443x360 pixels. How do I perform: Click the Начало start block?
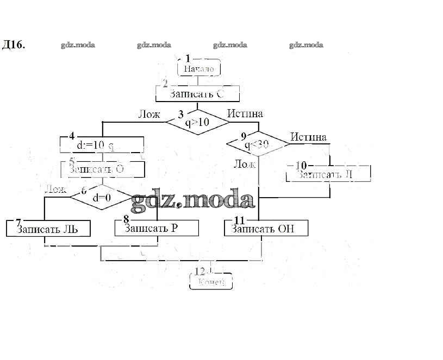[199, 68]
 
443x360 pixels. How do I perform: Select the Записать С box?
[197, 94]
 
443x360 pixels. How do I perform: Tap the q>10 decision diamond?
[197, 123]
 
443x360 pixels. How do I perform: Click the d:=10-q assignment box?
[101, 146]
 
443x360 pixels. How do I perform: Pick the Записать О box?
[102, 169]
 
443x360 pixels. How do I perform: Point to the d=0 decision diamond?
[102, 198]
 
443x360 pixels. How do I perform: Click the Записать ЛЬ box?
[48, 229]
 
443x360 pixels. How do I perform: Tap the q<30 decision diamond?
[258, 144]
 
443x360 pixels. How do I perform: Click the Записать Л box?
[328, 174]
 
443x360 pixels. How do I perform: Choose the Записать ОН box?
[266, 229]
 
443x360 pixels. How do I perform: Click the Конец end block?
[211, 282]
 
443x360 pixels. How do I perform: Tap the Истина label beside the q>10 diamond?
[245, 113]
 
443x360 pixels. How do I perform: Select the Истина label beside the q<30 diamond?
[308, 137]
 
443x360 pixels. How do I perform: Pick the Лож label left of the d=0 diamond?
[55, 189]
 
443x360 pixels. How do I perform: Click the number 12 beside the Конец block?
[199, 271]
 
